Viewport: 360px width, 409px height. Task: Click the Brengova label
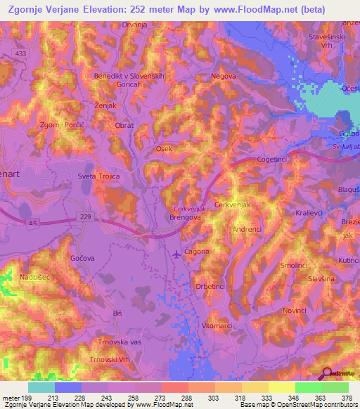[x=186, y=219]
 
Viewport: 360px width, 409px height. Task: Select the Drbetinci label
[x=210, y=287]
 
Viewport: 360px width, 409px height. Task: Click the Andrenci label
[x=247, y=229]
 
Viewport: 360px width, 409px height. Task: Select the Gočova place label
[x=82, y=259]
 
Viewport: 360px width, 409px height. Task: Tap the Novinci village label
[x=295, y=310]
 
